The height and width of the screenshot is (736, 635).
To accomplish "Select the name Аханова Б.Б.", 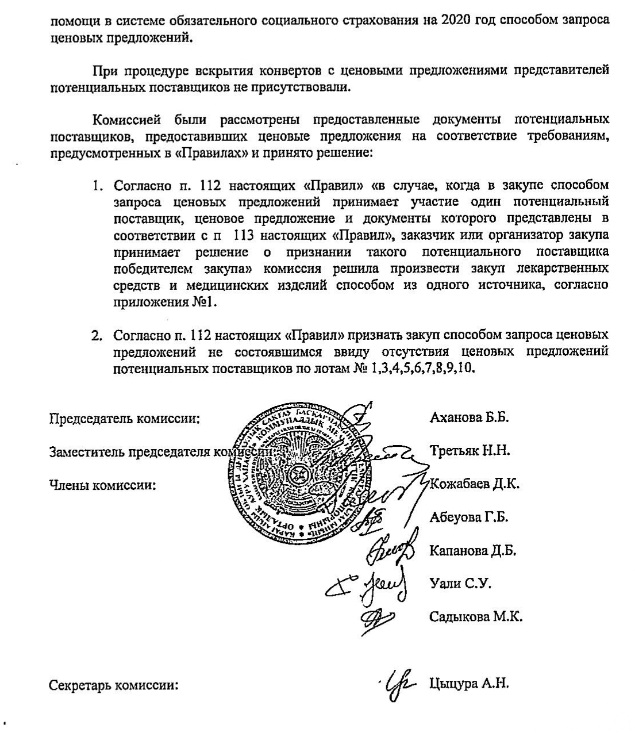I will tap(469, 417).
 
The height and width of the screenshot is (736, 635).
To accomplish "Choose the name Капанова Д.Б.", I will tap(473, 551).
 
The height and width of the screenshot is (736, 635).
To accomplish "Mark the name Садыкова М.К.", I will tap(476, 618).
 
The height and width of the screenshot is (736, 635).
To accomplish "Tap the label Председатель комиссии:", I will tap(125, 419).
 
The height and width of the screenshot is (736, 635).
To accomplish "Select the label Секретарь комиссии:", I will tap(114, 686).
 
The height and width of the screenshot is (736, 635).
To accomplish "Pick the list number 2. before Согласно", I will tap(98, 335).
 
